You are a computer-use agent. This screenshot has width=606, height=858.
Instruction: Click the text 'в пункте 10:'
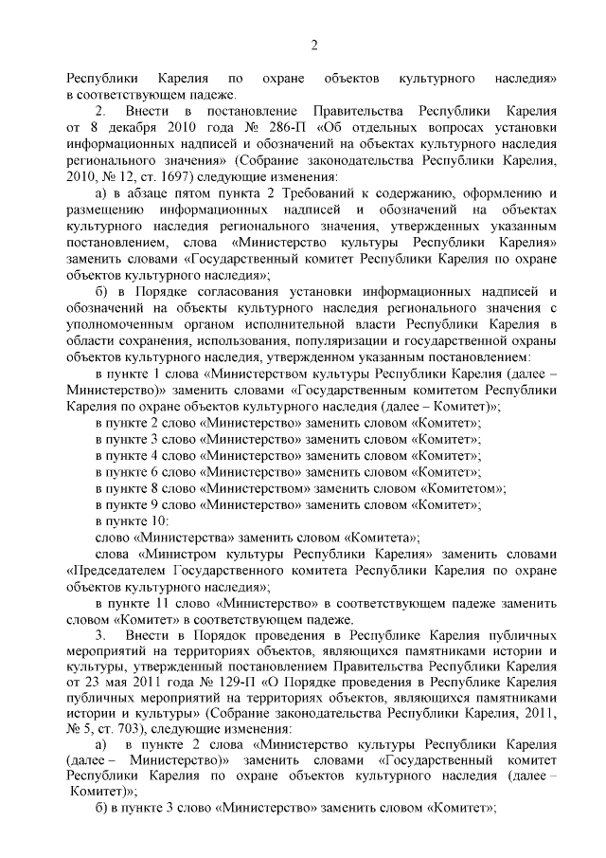click(x=132, y=520)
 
